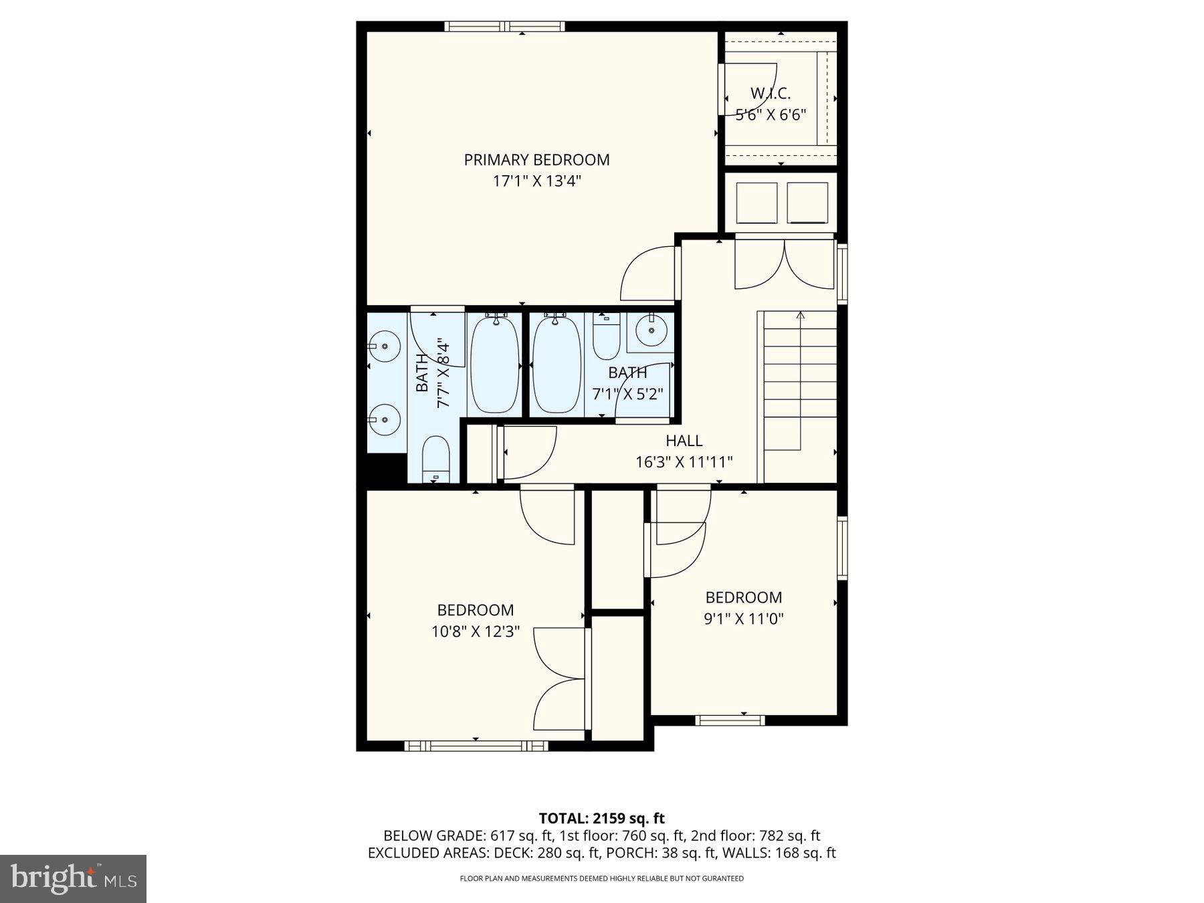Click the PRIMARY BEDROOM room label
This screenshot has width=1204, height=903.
tap(536, 160)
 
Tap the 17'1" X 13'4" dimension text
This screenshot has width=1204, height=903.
tap(536, 181)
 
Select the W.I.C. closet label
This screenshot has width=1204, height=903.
tap(770, 93)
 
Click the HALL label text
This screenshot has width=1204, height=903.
tap(684, 441)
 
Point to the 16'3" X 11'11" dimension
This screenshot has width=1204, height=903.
tap(684, 462)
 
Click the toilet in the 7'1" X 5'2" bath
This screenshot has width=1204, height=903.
tap(606, 338)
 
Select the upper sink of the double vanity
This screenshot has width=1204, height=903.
tap(384, 346)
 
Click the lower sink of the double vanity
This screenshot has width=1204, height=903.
tap(384, 419)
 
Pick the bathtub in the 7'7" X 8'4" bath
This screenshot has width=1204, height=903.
tap(495, 365)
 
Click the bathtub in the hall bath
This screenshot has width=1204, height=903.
tap(557, 365)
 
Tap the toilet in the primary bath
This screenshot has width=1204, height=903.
tap(437, 460)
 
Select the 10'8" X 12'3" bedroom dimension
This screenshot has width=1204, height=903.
tap(475, 631)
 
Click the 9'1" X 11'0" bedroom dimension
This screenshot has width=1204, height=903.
tap(743, 619)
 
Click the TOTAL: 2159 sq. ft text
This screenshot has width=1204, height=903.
tap(601, 818)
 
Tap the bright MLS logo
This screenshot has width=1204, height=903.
tap(73, 878)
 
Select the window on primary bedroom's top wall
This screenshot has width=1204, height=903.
tap(504, 27)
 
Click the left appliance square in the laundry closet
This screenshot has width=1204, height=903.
tap(757, 203)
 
